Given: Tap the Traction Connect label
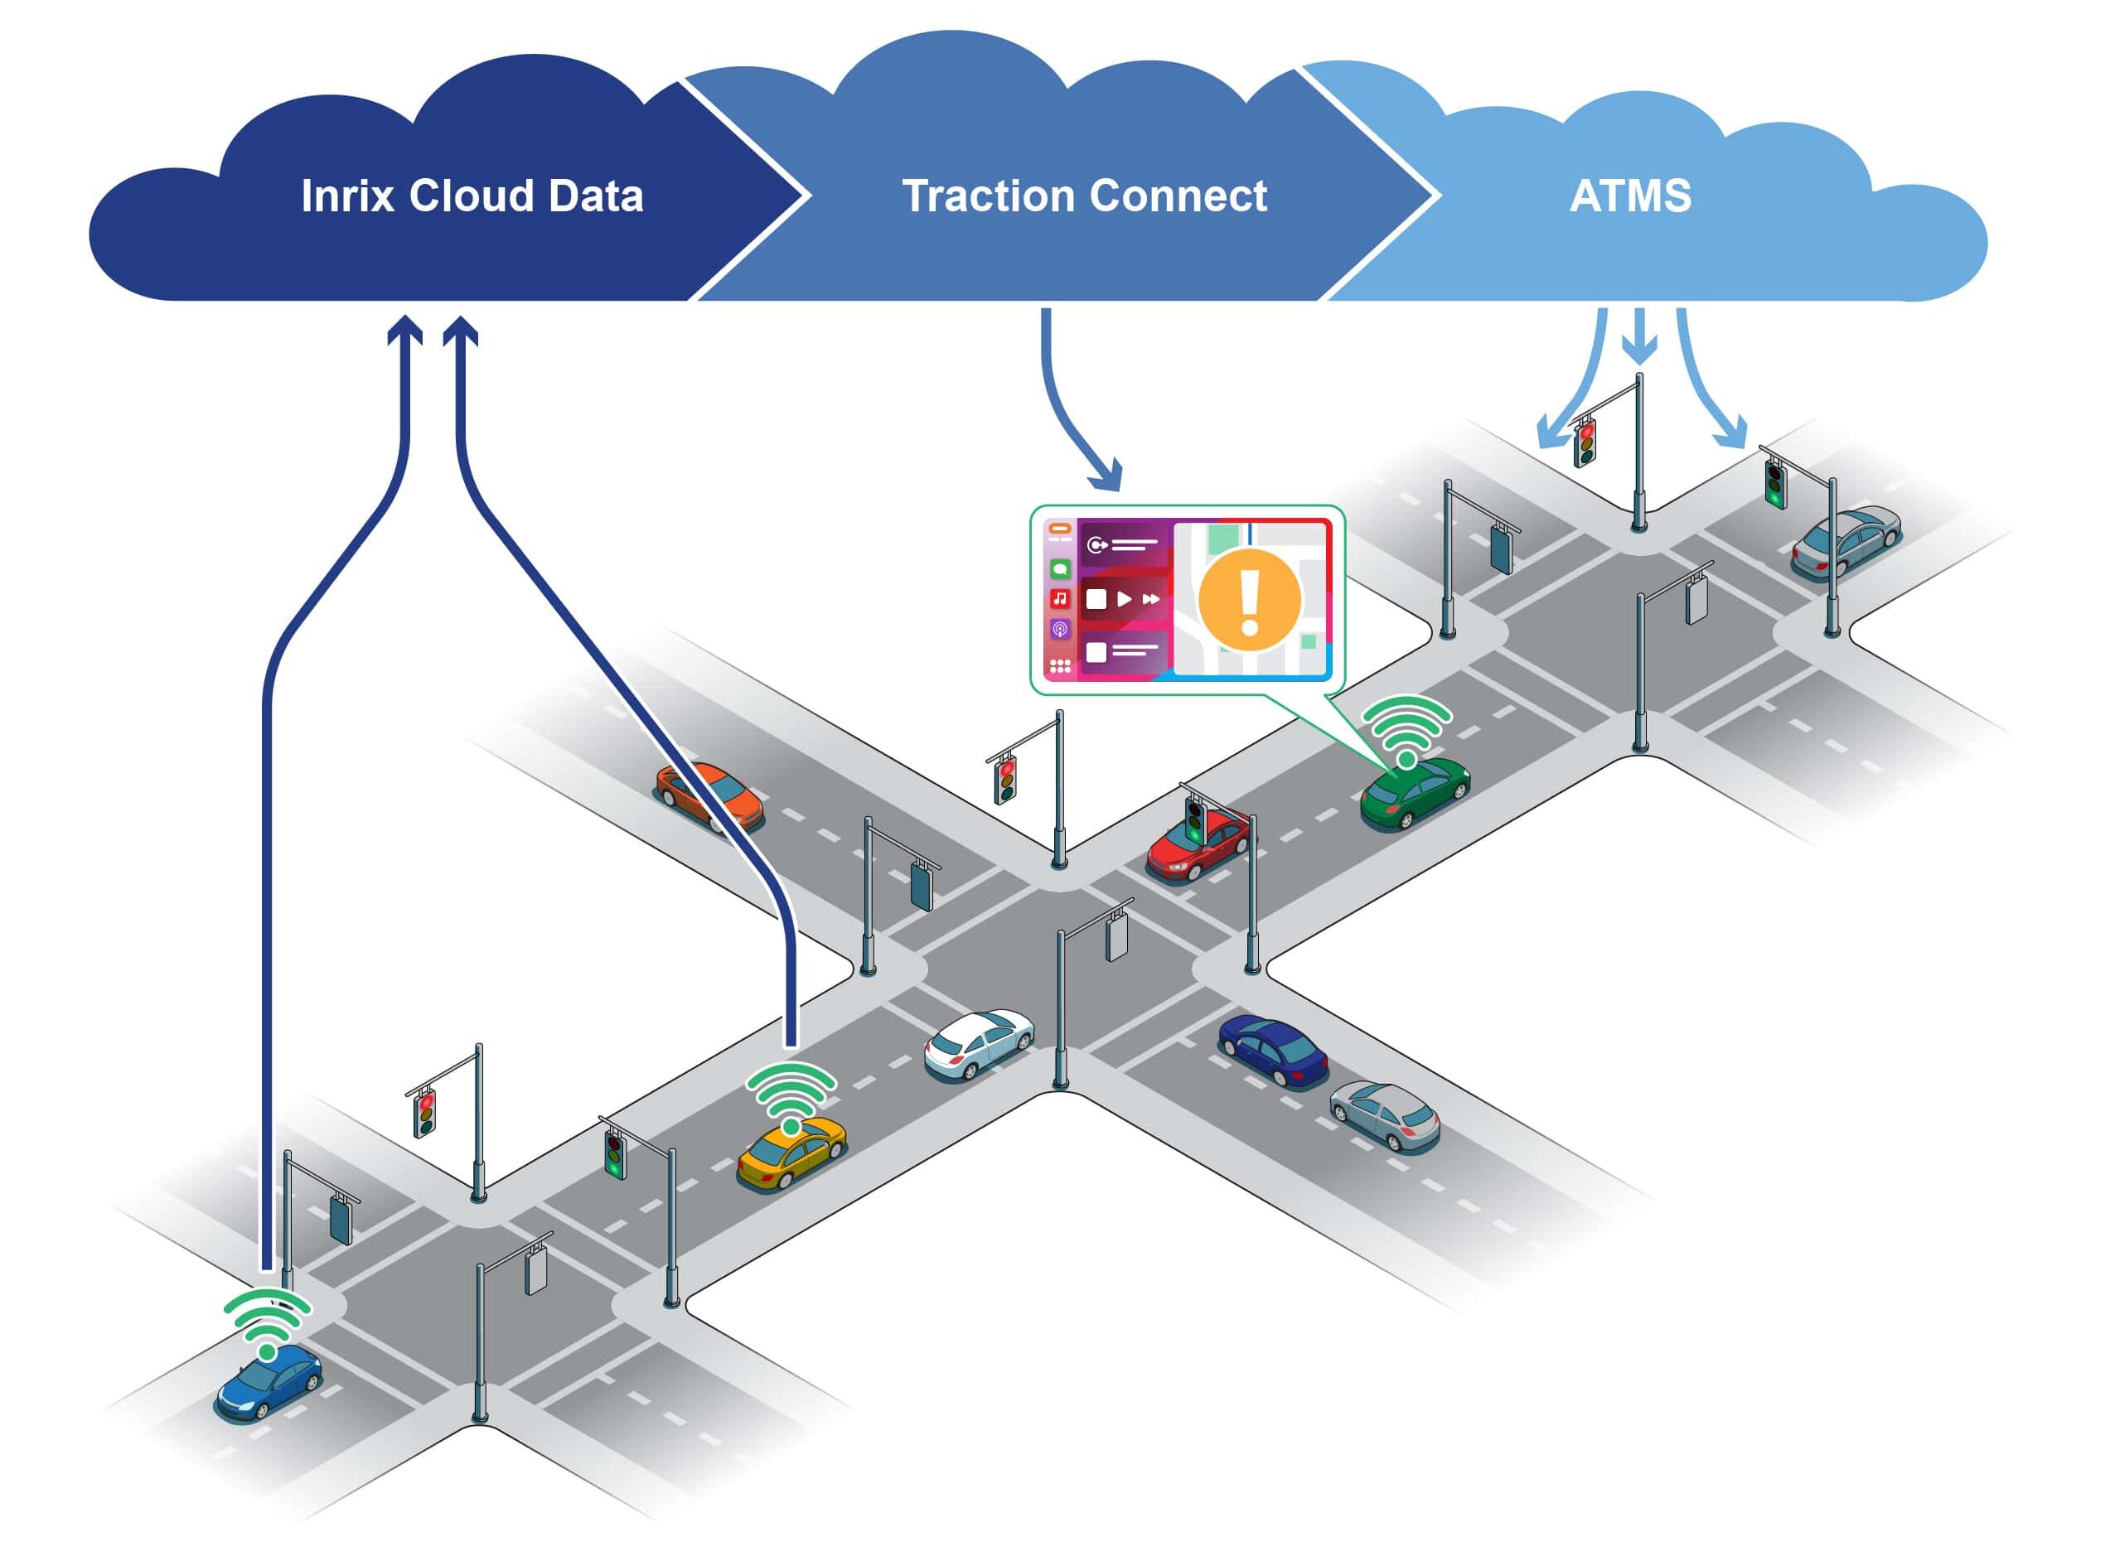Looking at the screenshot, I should pos(1083,196).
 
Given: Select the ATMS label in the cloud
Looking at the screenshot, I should pos(1629,196).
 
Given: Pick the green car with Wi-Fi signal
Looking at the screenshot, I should pos(1414,790).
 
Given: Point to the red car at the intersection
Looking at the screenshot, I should pos(1198,847).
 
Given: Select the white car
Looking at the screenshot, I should pos(977,1044).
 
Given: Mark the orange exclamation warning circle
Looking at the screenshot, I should pos(1248,600).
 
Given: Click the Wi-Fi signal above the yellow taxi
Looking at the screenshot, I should pos(791,1095).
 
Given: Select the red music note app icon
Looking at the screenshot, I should pos(1060,598).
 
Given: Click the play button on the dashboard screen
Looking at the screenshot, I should pos(1123,599).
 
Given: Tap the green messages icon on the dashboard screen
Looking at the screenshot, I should pos(1060,568).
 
